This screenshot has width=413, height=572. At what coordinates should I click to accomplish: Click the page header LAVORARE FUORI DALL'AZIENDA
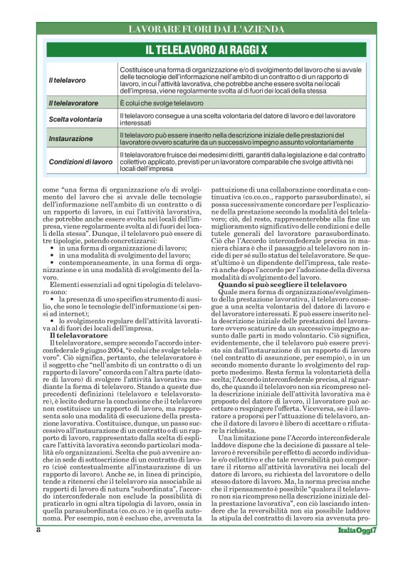pyautogui.click(x=206, y=29)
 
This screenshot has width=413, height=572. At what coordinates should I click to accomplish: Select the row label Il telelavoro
pyautogui.click(x=67, y=80)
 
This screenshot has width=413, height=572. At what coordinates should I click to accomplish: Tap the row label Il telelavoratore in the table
pyautogui.click(x=73, y=104)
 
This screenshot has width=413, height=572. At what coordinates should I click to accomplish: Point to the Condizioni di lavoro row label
pyautogui.click(x=80, y=162)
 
